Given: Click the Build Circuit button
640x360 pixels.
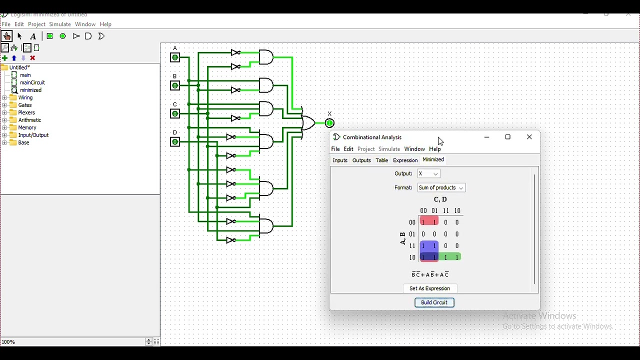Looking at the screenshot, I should (x=434, y=303).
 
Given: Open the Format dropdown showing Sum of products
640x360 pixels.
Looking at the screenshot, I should (x=441, y=188).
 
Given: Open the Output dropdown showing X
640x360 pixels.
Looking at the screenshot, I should (x=429, y=174).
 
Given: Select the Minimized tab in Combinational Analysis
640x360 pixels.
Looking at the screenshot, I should (x=433, y=160).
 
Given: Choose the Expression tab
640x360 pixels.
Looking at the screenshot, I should (x=405, y=161).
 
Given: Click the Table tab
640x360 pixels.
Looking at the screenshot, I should (x=382, y=161).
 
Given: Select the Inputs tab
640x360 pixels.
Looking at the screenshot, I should (x=340, y=161).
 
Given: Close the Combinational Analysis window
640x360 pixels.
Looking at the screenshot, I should (x=530, y=137).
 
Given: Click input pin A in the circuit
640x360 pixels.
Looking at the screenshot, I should (x=175, y=58).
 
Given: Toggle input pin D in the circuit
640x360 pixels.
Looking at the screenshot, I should (x=175, y=142).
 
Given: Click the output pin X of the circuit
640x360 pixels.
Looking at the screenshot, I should (x=330, y=123).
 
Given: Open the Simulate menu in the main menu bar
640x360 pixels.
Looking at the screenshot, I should (x=60, y=24).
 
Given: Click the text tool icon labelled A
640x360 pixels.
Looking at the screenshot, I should (x=33, y=36).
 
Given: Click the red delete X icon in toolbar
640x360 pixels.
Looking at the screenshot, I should (x=33, y=58).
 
